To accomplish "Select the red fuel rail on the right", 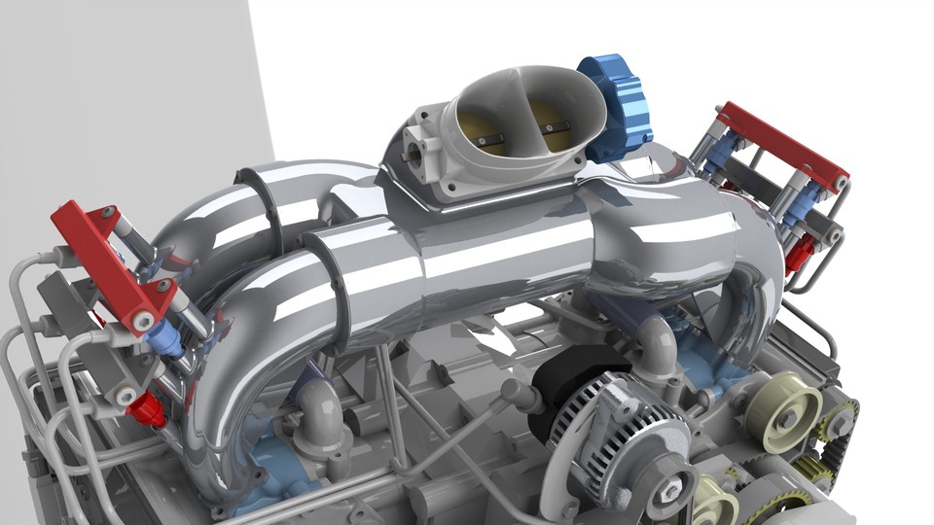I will pos(778,146).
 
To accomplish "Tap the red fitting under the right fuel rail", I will pos(798,254).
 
